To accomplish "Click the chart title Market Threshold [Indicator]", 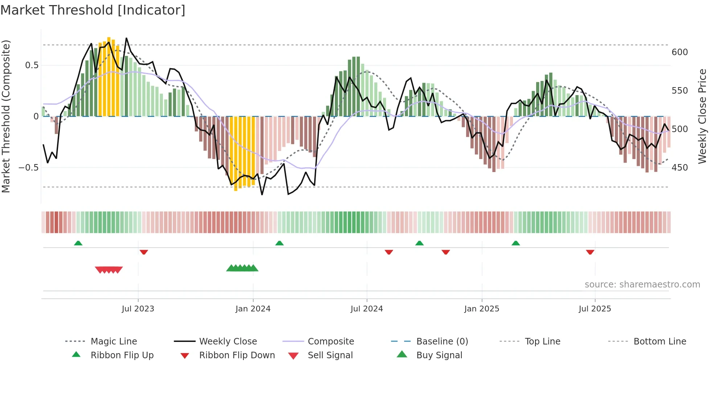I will tap(93, 10).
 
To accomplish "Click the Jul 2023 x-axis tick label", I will tap(138, 309).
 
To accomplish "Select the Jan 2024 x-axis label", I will tap(253, 309).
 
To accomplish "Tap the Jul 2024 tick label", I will tap(367, 309).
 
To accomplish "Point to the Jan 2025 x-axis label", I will tap(482, 309).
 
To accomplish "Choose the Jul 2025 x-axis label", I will tap(595, 309).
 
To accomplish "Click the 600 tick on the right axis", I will tap(679, 52).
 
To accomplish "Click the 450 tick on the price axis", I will tap(679, 168).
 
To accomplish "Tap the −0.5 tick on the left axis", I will tap(29, 168).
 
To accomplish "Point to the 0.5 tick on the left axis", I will tap(32, 65).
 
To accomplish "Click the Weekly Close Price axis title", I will tap(702, 116).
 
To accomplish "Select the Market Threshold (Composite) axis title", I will tap(6, 116).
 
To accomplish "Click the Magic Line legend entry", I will tap(114, 342).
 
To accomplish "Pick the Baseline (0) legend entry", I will tap(442, 342).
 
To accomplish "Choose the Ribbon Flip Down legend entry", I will tap(237, 355).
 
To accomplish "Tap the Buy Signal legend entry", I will tap(439, 355).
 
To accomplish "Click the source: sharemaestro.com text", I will tap(642, 285).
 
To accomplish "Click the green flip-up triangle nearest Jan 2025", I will tap(515, 243).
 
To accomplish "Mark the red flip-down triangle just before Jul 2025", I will tap(590, 252).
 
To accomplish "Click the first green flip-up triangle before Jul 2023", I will tap(78, 243).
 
